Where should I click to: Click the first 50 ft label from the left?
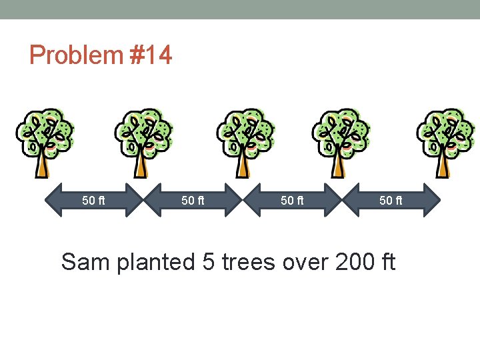pyautogui.click(x=93, y=199)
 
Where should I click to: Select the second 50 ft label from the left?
pyautogui.click(x=193, y=199)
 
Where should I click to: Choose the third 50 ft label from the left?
pyautogui.click(x=292, y=199)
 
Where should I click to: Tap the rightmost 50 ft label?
pyautogui.click(x=391, y=199)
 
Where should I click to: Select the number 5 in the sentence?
pyautogui.click(x=209, y=262)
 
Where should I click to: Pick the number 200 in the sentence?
pyautogui.click(x=355, y=262)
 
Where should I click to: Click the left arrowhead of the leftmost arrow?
pyautogui.click(x=53, y=199)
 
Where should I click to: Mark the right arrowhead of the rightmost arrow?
pyautogui.click(x=433, y=199)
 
